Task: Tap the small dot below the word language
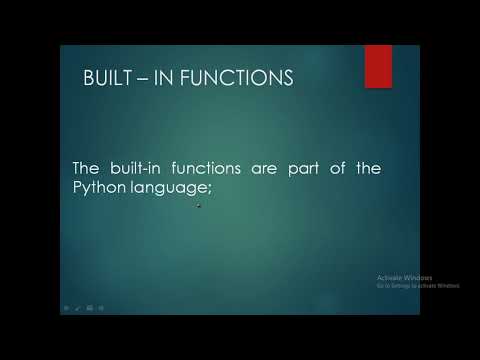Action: pyautogui.click(x=199, y=206)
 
